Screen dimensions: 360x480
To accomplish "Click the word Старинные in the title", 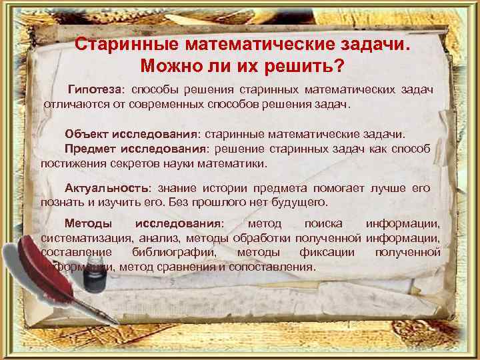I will click(115, 45).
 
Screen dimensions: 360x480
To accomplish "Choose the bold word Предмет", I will click(89, 148).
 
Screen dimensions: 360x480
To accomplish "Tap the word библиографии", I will click(174, 253).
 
